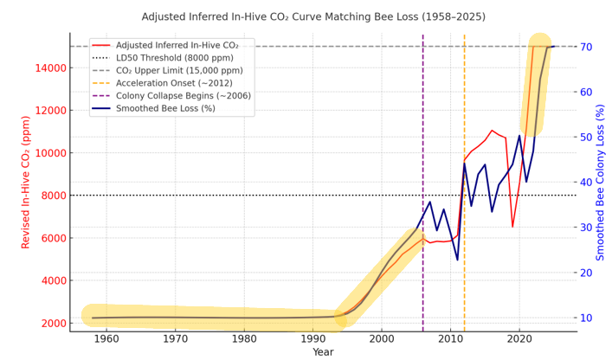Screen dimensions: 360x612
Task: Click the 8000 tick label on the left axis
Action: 53,196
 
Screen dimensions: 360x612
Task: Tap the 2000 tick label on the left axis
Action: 53,323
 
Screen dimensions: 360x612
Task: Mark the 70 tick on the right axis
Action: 587,47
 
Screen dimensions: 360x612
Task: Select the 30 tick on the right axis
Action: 587,228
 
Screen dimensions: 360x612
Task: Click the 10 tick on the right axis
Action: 587,318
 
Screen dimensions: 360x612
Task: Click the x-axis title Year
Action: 323,352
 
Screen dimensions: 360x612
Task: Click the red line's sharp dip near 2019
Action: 512,227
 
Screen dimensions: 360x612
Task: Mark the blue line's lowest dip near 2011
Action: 457,260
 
